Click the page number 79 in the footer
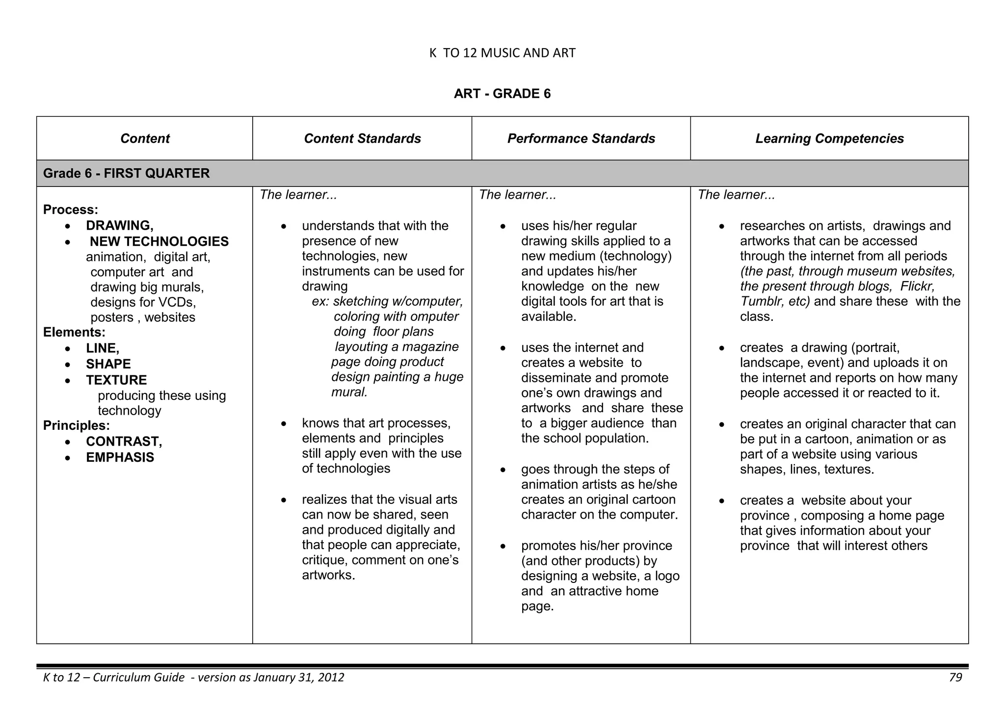point(955,678)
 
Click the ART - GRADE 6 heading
point(502,94)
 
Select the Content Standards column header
point(362,138)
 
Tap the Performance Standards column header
point(581,138)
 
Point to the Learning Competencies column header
point(829,138)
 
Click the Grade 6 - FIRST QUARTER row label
point(126,173)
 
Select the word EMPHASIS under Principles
point(120,457)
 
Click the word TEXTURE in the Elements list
point(116,380)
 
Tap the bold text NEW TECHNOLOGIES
point(159,241)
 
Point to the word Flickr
point(917,286)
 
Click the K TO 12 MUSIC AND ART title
point(502,53)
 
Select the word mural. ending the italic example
point(349,392)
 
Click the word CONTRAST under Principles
point(124,442)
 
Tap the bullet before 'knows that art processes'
point(284,423)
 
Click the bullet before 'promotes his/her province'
point(503,546)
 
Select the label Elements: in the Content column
point(74,332)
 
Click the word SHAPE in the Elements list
point(108,364)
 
